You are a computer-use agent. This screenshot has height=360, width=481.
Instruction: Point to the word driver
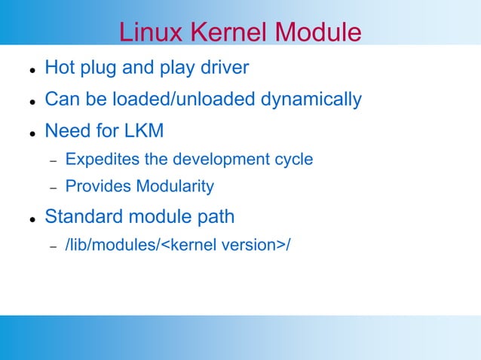(223, 69)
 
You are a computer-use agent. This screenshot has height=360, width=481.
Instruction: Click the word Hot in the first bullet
(60, 69)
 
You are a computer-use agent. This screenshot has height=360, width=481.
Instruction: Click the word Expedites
(97, 160)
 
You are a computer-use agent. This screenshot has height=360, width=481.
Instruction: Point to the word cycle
(294, 160)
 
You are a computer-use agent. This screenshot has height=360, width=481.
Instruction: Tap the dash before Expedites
(53, 161)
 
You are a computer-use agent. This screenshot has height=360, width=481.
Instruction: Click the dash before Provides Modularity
(53, 188)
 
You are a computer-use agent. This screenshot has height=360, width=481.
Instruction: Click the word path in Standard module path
(216, 218)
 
